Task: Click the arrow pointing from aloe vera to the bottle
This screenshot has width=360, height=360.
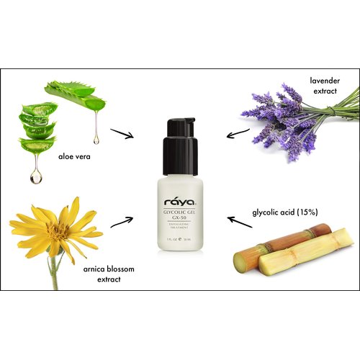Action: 122,133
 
